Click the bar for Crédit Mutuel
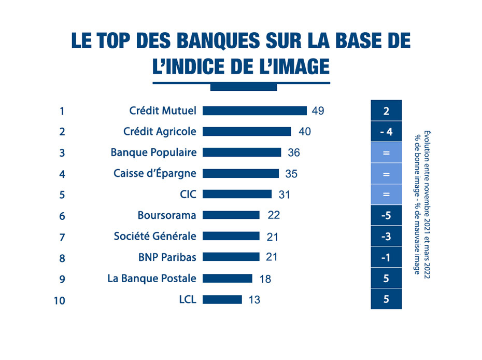tap(254, 110)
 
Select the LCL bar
tap(222, 299)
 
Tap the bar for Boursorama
tap(231, 215)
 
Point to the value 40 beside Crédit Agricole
tap(305, 132)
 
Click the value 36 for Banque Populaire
tap(294, 153)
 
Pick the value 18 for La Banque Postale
tap(265, 279)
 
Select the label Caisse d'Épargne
tap(155, 173)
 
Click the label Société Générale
tap(155, 236)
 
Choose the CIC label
tap(188, 194)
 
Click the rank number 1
tap(62, 110)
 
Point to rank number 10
tap(60, 300)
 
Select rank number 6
tap(62, 216)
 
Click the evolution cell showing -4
tap(386, 132)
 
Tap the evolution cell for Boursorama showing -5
tap(386, 215)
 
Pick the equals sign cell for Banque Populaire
tap(386, 153)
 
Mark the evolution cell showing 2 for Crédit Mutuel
tap(386, 111)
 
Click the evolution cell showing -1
tap(386, 257)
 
